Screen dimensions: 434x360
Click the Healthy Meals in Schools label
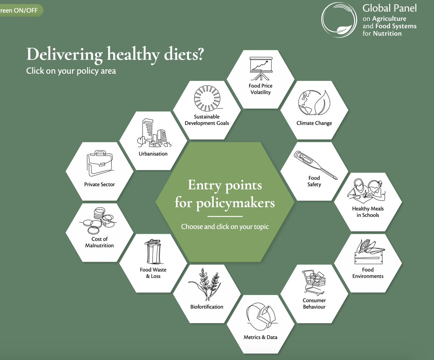point(368,212)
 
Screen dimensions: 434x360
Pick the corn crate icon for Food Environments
point(369,252)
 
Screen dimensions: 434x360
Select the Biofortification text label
point(207,307)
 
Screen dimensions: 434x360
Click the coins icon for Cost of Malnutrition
point(99,221)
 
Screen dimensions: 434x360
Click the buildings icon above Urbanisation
point(153,134)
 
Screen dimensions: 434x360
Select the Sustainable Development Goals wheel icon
point(207,99)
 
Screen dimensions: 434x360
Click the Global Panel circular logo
point(340,20)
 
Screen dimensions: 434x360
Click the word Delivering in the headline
point(64,55)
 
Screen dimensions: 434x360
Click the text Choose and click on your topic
point(225,227)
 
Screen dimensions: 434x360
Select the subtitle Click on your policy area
point(71,71)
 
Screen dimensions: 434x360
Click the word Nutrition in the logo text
point(387,34)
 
